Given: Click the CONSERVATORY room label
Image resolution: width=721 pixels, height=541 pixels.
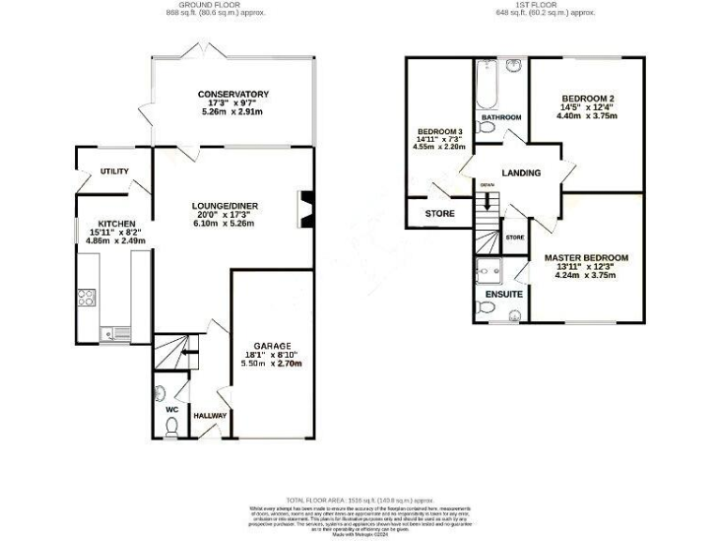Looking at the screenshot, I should tap(233, 94).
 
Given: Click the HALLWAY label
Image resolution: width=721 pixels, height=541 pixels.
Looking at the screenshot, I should tap(210, 415).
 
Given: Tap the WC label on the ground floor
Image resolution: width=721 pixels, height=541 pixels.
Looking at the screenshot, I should tap(171, 410).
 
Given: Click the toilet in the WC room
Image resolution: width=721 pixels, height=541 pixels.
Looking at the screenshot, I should tap(170, 427).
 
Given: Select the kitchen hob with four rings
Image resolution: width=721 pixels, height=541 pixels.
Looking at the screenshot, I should tap(86, 300).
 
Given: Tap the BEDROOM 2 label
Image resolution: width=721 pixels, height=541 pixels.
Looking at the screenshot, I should tap(587, 99).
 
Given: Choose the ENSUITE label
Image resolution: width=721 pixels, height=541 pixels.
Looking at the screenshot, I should tap(503, 293).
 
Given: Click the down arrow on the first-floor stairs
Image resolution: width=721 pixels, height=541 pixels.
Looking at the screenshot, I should tap(486, 199).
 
